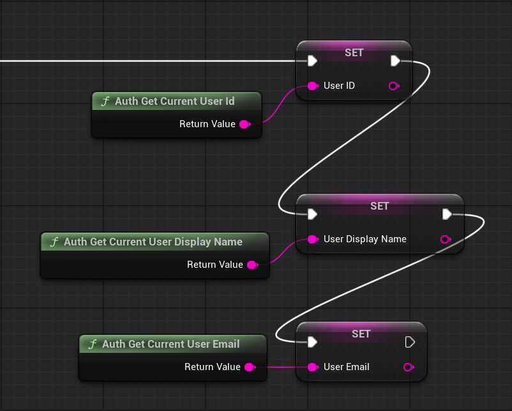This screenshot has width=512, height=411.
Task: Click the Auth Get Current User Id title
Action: tap(174, 101)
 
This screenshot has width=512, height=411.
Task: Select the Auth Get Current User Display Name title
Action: tap(153, 242)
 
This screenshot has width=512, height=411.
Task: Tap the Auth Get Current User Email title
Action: tap(170, 344)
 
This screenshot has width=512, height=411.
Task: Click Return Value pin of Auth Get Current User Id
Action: tap(244, 124)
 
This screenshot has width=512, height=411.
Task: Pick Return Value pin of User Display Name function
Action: tap(252, 265)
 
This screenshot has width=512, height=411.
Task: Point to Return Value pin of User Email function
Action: tap(249, 367)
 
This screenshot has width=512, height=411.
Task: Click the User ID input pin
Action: tap(312, 86)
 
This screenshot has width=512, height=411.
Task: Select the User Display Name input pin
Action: tap(312, 239)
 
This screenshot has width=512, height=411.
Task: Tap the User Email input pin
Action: tap(312, 367)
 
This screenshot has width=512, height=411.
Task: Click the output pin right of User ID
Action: tap(394, 86)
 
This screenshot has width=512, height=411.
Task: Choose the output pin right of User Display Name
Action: tap(446, 239)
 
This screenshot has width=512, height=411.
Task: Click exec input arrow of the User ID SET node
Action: tap(312, 61)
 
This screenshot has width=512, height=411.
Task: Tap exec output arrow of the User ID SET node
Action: tap(395, 61)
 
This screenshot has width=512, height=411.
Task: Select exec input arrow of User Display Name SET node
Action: tap(312, 214)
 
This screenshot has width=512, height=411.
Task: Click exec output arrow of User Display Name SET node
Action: tap(447, 214)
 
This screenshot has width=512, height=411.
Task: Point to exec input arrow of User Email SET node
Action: tap(312, 342)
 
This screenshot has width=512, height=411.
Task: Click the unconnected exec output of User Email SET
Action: tap(410, 342)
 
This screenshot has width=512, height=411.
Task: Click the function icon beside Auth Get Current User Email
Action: tap(93, 344)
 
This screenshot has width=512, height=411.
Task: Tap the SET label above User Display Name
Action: tap(379, 206)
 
